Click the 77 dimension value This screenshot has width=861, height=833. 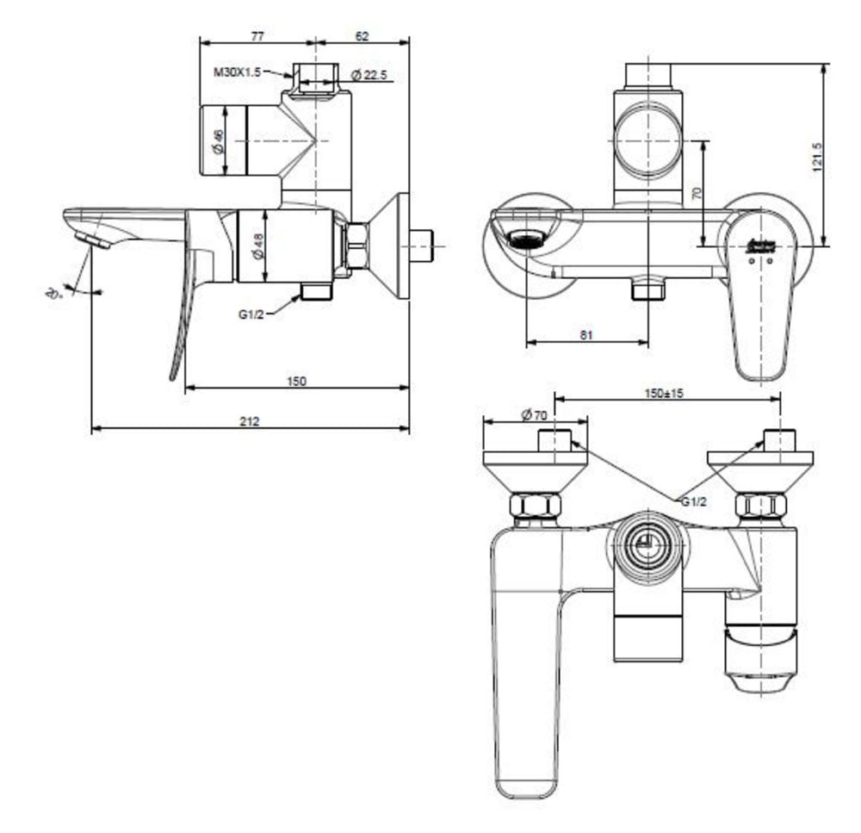257,36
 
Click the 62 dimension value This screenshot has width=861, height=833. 361,36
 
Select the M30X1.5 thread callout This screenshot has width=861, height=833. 237,73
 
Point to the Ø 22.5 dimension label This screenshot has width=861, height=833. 371,76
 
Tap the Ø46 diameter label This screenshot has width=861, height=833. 218,141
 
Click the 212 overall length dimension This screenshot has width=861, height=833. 250,421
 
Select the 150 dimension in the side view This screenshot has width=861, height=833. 296,381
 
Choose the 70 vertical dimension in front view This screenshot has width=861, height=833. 697,193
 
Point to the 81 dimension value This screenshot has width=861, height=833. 586,335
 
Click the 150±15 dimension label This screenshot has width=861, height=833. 664,393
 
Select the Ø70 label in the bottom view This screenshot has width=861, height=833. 535,414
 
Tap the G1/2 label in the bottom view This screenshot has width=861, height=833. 695,501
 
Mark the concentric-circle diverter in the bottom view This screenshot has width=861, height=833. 646,546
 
